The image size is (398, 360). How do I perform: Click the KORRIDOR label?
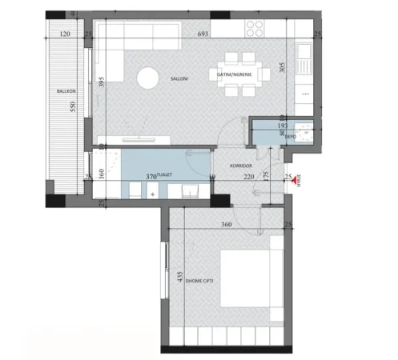(x=241, y=166)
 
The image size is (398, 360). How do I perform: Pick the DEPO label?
(x=291, y=137)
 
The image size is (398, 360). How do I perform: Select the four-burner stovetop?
(x=255, y=29)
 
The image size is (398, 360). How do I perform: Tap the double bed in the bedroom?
(x=251, y=281)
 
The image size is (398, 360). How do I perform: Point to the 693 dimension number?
(x=206, y=34)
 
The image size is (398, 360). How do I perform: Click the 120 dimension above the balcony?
(x=66, y=34)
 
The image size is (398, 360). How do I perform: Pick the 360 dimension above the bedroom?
(x=227, y=225)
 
